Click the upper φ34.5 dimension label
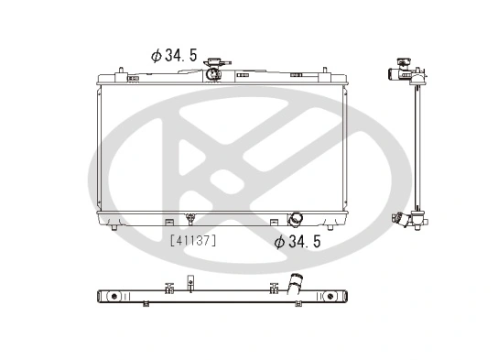[173, 55]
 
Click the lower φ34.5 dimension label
[298, 242]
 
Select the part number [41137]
[193, 240]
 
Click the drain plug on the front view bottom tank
[189, 220]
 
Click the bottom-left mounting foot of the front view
[113, 229]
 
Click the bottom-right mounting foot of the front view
[334, 229]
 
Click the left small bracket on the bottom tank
[168, 221]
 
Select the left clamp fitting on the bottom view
[168, 287]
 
